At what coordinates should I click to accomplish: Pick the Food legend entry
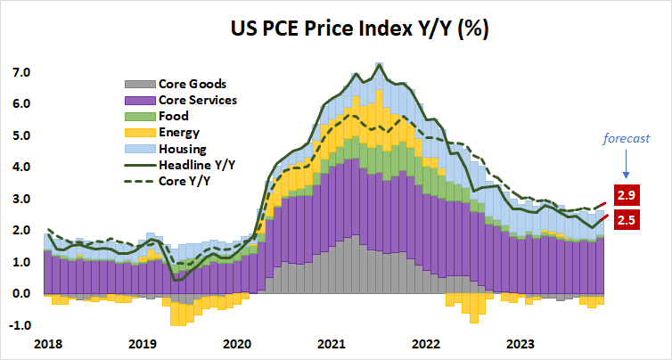pos(174,116)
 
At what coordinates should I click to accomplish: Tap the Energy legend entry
pos(179,132)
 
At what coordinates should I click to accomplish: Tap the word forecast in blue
pos(624,139)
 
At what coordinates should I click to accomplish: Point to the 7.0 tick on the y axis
pos(20,72)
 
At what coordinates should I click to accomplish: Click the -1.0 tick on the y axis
pos(18,325)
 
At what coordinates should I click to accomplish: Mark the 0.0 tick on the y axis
pos(20,294)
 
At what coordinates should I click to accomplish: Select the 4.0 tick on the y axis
pos(20,168)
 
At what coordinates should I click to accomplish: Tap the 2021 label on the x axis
pos(332,343)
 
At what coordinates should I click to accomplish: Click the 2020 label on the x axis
pos(236,343)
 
